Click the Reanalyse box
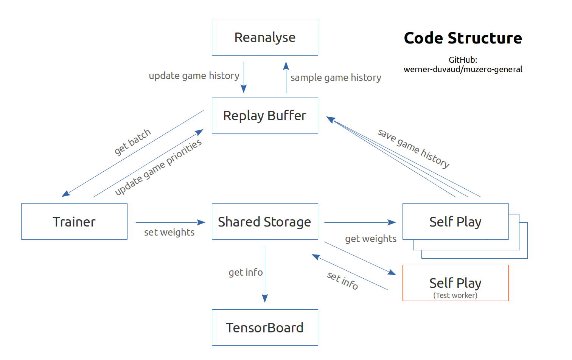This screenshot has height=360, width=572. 265,37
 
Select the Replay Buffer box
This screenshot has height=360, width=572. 265,116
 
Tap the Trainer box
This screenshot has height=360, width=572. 74,222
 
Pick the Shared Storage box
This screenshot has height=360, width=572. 265,222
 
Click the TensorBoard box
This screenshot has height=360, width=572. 265,327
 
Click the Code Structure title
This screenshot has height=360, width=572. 463,38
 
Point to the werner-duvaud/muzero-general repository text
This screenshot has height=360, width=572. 463,69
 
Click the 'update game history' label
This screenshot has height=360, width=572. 194,76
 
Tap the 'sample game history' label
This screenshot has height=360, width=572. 336,78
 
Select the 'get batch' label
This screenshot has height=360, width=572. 132,142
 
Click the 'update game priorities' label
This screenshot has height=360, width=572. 158,167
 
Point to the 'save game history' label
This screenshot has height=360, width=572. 413,148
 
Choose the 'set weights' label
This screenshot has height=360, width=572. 169,232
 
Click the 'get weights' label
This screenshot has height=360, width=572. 370,239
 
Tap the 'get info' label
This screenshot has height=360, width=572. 246,272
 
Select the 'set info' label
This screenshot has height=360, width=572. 342,281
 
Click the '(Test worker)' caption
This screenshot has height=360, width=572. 455,295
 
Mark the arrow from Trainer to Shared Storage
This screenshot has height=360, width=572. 170,222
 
